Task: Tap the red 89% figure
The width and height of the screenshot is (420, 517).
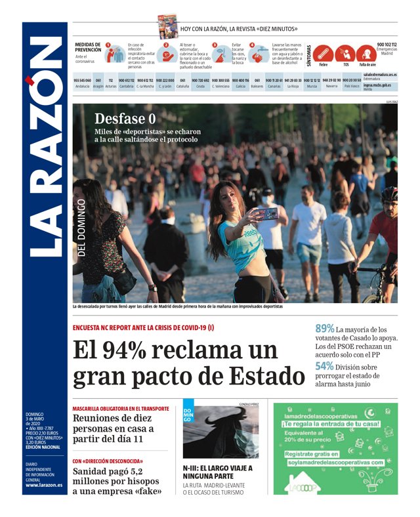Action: pos(325,329)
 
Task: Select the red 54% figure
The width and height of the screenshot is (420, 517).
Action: pos(325,367)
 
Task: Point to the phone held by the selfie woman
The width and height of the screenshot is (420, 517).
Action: pos(266,213)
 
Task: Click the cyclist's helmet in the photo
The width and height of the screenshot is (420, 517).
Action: pos(389,194)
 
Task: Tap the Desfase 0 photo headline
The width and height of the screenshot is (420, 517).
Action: pos(125,119)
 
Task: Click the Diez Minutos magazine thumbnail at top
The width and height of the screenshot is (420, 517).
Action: pos(167,26)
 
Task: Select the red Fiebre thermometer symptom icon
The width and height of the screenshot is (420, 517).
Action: pos(323,54)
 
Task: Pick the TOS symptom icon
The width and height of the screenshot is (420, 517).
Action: pos(345,54)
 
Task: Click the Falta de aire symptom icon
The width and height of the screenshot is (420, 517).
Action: pos(368,54)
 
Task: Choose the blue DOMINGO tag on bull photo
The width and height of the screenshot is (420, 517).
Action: pos(188,415)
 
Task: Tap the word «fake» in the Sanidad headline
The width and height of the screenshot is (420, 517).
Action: pos(149,490)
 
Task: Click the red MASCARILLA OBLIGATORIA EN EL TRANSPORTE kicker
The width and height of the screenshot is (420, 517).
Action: pos(121,408)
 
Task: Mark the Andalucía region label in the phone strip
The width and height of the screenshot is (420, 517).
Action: pos(83,86)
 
